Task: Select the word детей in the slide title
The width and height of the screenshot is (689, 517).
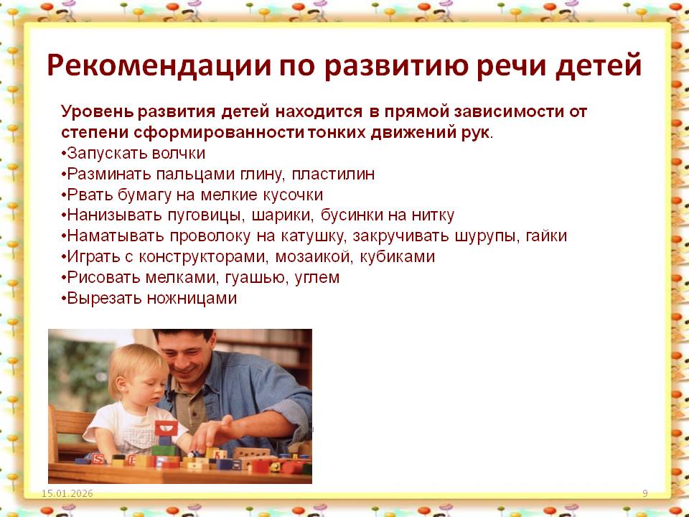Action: tap(599, 65)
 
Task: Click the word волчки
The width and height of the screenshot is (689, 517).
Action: tap(179, 153)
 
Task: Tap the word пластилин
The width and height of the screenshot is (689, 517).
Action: tap(333, 174)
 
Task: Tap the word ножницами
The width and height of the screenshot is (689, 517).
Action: tap(192, 299)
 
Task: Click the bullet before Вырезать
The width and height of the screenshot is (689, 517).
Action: tap(64, 299)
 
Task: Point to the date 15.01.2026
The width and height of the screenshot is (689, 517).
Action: tap(67, 494)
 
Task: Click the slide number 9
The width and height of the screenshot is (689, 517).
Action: tap(645, 494)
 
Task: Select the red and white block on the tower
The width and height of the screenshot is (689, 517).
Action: tap(166, 428)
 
